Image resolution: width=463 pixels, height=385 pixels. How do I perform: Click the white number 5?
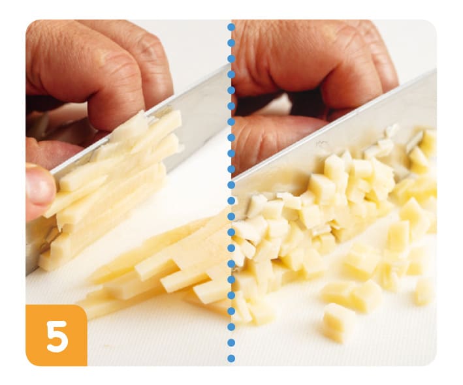pos(57,336)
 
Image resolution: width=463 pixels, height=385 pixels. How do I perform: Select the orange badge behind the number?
pos(56,335)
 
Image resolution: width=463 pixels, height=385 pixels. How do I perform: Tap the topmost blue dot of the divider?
pos(231,27)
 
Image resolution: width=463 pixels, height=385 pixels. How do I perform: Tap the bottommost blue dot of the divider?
pos(231,358)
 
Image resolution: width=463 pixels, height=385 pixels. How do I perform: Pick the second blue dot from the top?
pos(231,43)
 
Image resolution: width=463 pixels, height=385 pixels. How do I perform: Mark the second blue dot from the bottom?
pos(231,343)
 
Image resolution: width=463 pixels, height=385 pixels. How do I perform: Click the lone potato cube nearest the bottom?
pos(336,323)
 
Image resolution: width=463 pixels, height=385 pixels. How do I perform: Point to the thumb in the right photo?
pos(275,138)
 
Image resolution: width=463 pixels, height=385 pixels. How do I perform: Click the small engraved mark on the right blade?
pos(321,144)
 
